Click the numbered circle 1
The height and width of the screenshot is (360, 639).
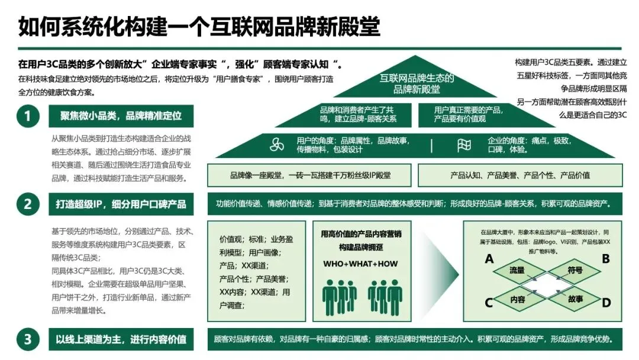point(27,116)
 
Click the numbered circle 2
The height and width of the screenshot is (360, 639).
point(27,204)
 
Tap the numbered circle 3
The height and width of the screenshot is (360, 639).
point(27,339)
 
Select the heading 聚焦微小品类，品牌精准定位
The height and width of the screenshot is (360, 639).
point(121,116)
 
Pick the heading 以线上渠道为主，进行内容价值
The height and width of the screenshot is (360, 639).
point(121,339)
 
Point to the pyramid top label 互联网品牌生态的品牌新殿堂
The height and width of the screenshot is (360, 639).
point(417,83)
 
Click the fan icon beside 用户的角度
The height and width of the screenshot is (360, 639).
point(277,145)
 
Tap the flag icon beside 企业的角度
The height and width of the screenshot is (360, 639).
point(464,145)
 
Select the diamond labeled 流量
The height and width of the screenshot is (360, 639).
point(517,271)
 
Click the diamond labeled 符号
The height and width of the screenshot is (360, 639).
point(575,271)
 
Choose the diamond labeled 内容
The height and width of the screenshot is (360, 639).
point(517,300)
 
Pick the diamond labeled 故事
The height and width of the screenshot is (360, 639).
point(575,300)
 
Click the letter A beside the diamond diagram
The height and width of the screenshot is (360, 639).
point(489,259)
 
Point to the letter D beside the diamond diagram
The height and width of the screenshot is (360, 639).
point(606,303)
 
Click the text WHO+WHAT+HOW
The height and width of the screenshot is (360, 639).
point(360,263)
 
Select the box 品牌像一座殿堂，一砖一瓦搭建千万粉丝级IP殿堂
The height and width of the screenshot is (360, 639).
point(310,175)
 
